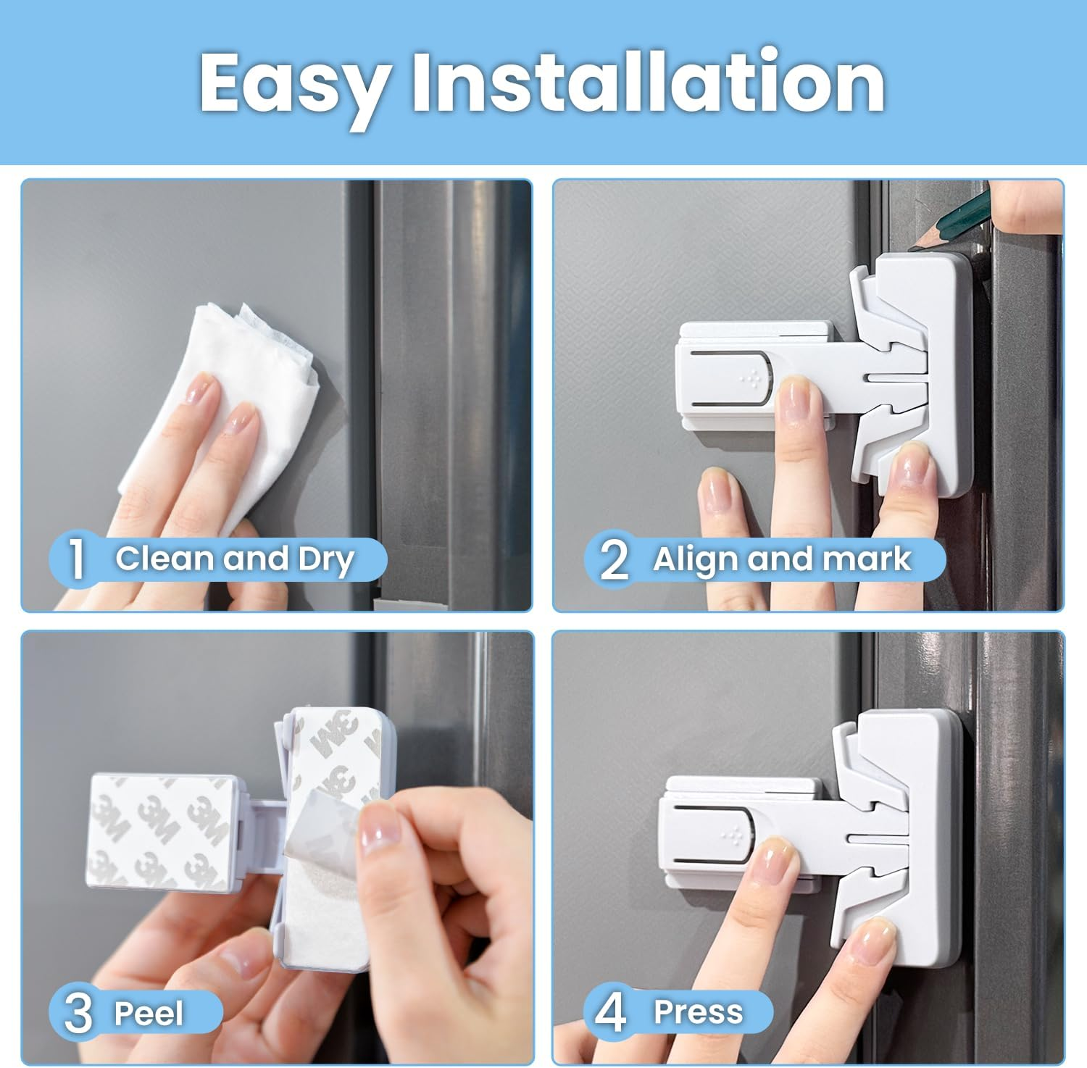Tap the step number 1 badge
[x=77, y=559]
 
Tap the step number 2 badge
[x=614, y=560]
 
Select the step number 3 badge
[x=78, y=1013]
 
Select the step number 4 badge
[x=610, y=1012]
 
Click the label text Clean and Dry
[x=235, y=559]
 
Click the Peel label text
[x=149, y=1013]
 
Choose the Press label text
[x=698, y=1012]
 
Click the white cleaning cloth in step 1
[x=217, y=406]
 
